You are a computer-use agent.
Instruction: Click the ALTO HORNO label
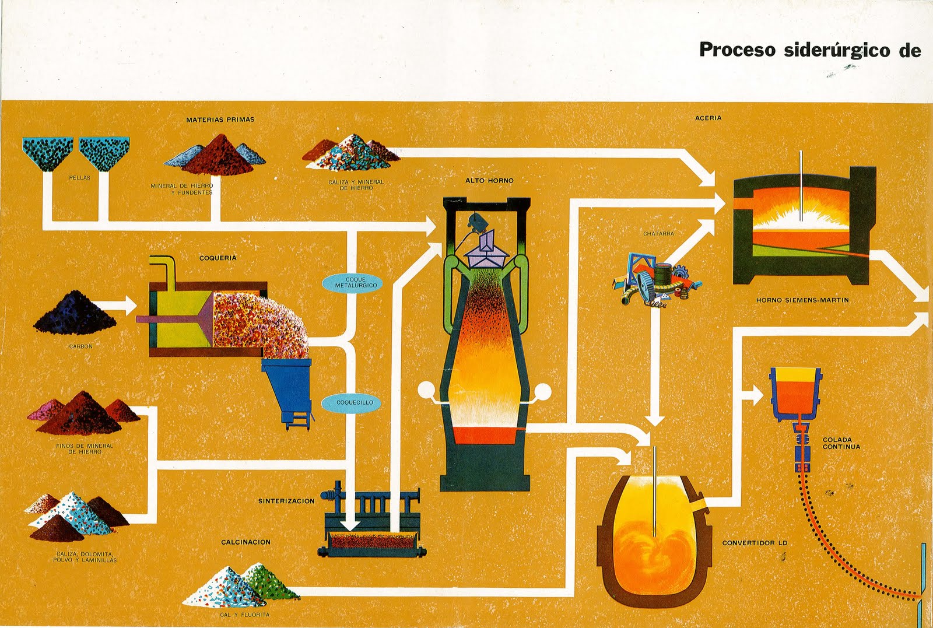(489, 181)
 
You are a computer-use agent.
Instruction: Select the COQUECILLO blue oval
(355, 402)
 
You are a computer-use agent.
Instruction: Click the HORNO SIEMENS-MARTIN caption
(802, 300)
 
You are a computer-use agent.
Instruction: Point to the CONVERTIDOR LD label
(755, 543)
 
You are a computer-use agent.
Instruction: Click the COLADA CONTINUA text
(841, 444)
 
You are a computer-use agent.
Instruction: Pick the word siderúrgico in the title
(838, 50)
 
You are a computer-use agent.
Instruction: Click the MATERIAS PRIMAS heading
(220, 120)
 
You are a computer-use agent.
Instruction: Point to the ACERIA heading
(708, 118)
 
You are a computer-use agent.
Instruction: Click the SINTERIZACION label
(286, 501)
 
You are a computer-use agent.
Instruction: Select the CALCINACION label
(245, 542)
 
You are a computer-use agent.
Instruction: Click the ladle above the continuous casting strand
(795, 393)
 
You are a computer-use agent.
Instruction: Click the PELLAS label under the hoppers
(80, 178)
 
